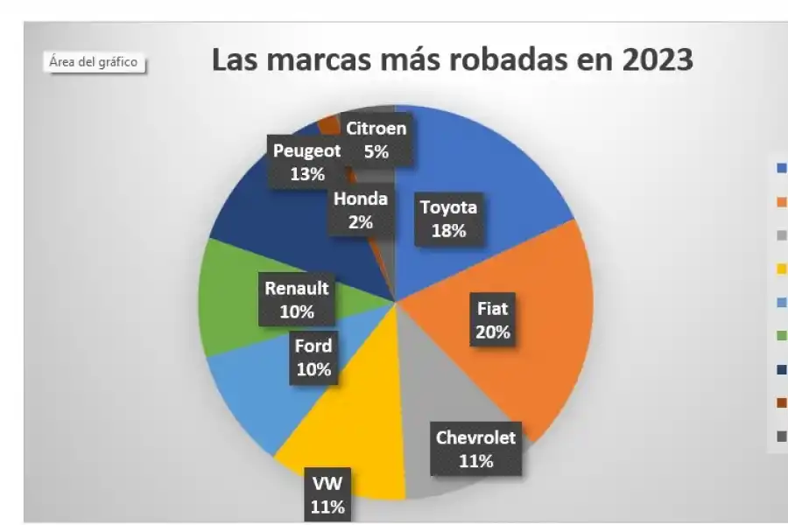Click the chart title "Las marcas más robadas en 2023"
pyautogui.click(x=453, y=61)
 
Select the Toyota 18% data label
pyautogui.click(x=448, y=220)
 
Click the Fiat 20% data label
pyautogui.click(x=492, y=320)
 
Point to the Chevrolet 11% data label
pyautogui.click(x=475, y=449)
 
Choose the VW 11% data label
pyautogui.click(x=327, y=494)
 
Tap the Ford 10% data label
pyautogui.click(x=313, y=357)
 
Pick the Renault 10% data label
pyautogui.click(x=297, y=299)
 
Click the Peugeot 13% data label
pyautogui.click(x=306, y=162)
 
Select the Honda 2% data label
pyautogui.click(x=360, y=211)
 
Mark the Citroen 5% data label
pyautogui.click(x=376, y=140)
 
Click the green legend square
pyautogui.click(x=780, y=335)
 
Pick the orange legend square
pyautogui.click(x=780, y=201)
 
